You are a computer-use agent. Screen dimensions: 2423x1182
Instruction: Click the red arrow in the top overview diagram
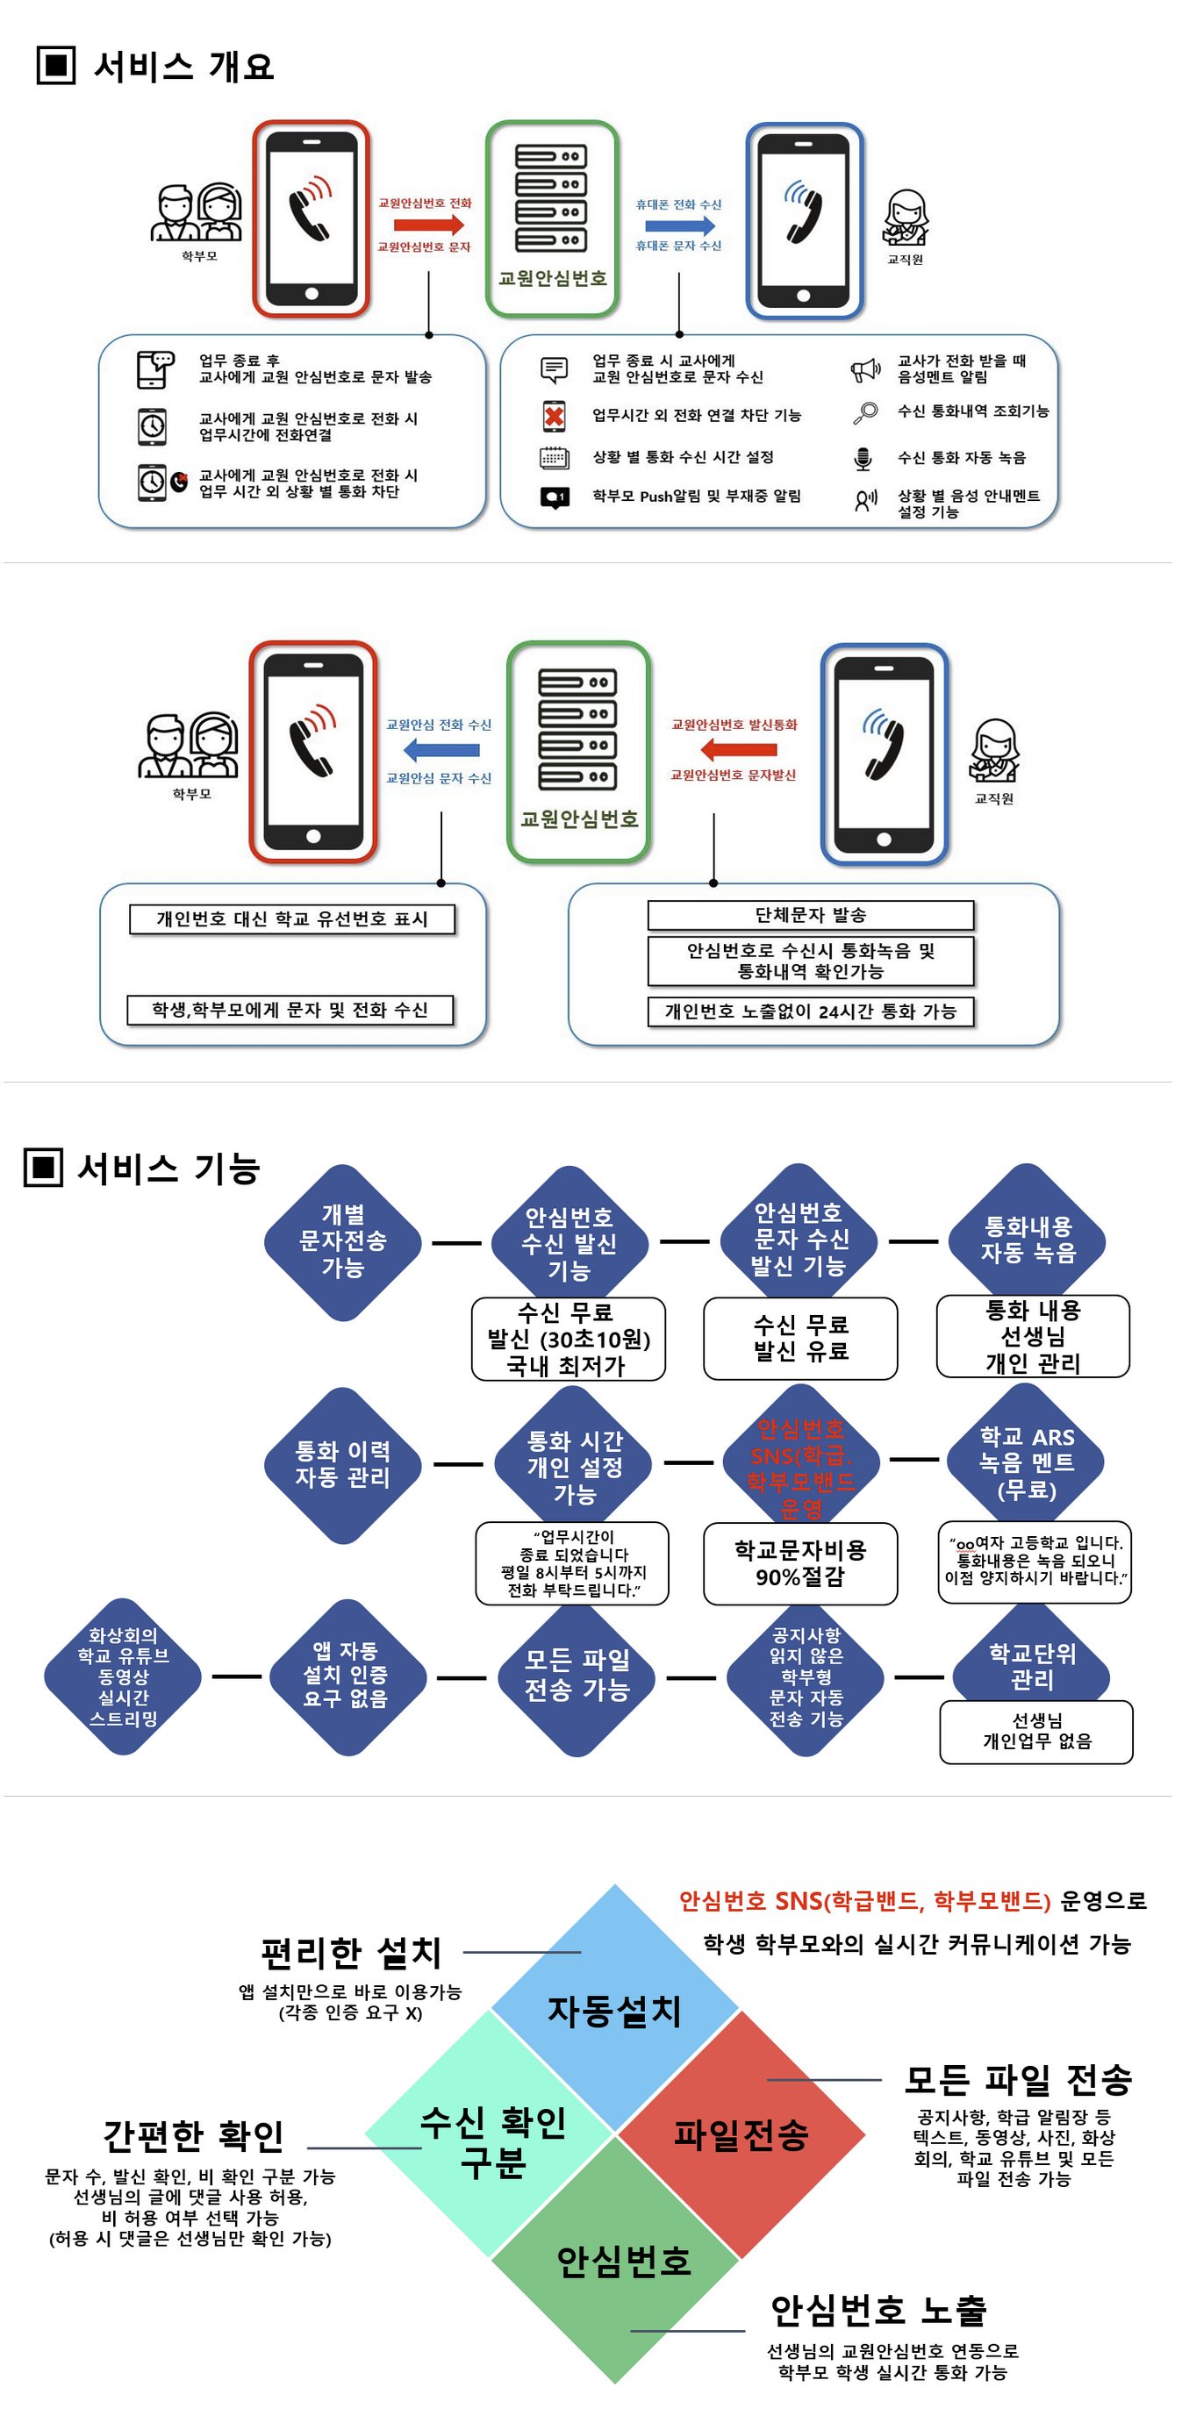(428, 225)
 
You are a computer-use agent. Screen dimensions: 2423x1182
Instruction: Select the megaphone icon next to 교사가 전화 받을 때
(865, 369)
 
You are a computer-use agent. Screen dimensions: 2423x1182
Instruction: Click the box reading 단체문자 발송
(810, 915)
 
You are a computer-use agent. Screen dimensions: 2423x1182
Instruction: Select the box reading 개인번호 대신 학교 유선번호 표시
(291, 919)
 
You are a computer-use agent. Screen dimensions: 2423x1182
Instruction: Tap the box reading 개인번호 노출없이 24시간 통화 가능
(810, 1012)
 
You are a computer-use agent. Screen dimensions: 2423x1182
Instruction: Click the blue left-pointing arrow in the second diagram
(441, 751)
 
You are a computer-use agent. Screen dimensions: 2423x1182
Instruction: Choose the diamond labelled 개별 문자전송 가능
(342, 1241)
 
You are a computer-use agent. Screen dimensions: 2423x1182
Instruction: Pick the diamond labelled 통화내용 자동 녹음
(1028, 1240)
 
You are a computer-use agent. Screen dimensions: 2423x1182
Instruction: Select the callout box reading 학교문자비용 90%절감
(800, 1563)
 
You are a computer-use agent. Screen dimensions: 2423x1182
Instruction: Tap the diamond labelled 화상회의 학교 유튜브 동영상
(123, 1676)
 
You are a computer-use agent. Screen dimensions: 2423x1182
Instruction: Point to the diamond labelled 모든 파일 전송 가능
(577, 1676)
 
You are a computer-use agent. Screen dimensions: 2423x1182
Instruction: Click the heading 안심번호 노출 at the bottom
(878, 2311)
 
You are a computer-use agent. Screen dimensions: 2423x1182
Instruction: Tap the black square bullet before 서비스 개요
(55, 66)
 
